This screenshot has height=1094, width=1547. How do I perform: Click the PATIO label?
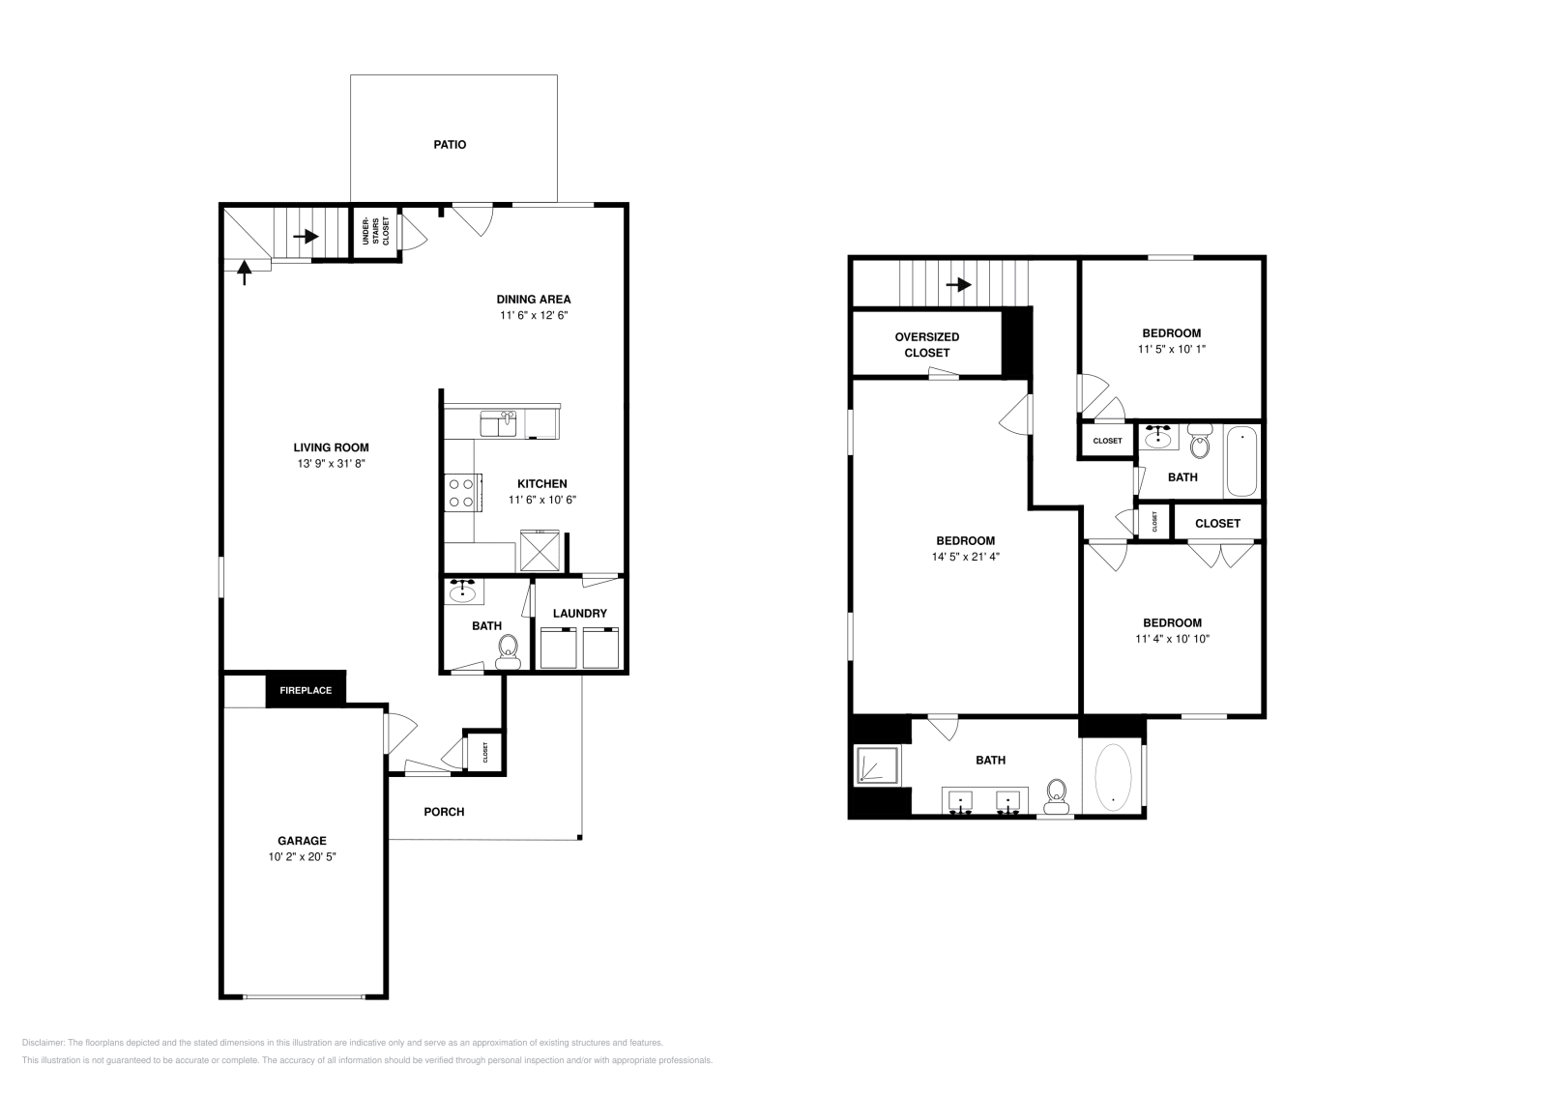pos(449,145)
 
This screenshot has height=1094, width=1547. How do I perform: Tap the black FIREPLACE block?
pos(306,690)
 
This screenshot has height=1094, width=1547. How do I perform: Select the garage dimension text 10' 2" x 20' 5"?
pos(303,856)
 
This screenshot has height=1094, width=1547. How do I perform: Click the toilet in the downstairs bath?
pos(508,651)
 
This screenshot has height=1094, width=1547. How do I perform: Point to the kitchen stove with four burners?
pos(461,492)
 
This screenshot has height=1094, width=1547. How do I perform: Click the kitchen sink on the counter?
pos(499,422)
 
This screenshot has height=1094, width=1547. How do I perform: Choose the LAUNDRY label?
pos(580,614)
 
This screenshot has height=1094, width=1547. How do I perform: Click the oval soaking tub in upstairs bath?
pos(1112,775)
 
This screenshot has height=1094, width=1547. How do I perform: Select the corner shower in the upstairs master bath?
pos(876,764)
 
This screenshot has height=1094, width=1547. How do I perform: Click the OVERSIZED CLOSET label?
pos(927,345)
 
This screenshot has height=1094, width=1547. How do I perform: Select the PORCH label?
pos(444,812)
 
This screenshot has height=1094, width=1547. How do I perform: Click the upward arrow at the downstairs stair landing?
pos(244,273)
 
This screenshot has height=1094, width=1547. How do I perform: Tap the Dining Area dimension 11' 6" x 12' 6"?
pos(534,316)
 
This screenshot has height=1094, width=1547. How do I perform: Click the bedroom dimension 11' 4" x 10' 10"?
pos(1172,639)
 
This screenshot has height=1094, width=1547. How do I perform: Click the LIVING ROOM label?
pos(332,447)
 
